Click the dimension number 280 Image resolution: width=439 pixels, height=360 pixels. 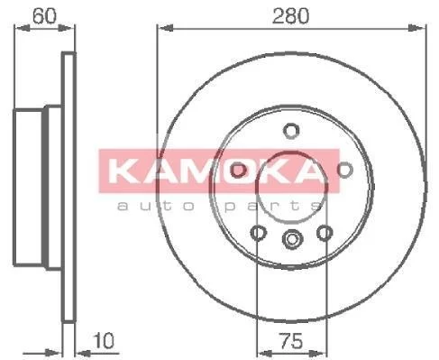tap(290, 16)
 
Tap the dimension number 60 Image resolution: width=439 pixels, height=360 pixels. tap(44, 16)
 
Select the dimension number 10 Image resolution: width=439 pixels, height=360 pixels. tap(104, 340)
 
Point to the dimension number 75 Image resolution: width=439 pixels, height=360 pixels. tap(291, 341)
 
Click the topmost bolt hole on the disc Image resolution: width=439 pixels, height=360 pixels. tap(291, 131)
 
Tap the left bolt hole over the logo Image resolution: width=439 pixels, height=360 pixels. tap(238, 170)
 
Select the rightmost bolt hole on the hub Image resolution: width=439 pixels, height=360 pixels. tap(344, 170)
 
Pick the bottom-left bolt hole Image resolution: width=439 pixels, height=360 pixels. tap(258, 233)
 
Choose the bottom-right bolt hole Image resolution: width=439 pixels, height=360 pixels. tap(325, 233)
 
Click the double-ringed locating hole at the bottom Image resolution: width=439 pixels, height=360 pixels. tap(292, 239)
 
